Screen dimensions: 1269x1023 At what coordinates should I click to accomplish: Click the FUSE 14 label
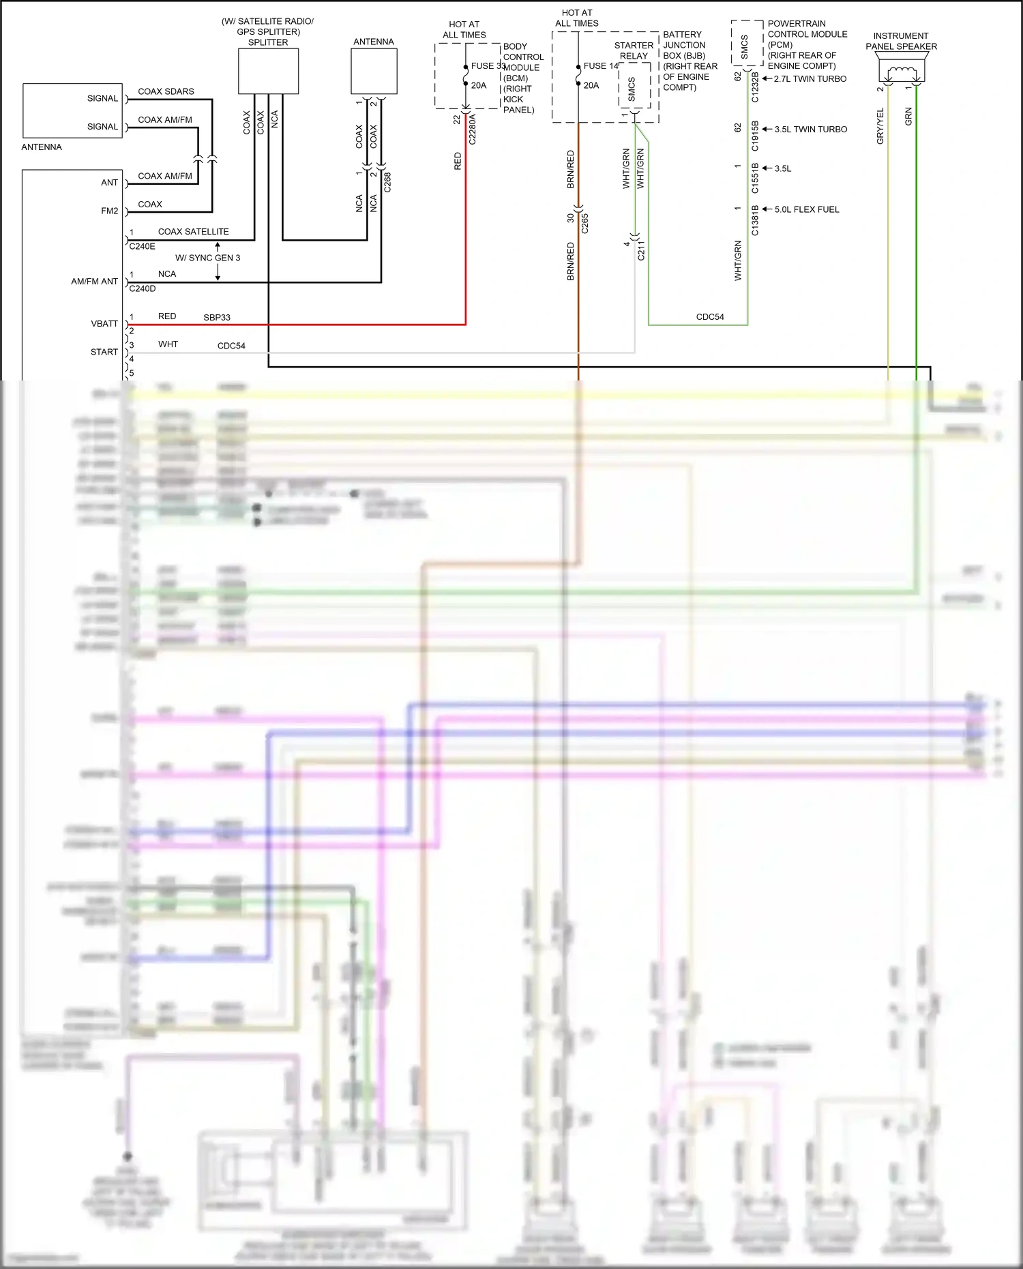click(x=601, y=66)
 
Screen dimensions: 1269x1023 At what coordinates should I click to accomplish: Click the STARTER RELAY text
click(x=634, y=50)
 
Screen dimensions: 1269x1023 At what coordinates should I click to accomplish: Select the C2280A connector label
click(x=473, y=130)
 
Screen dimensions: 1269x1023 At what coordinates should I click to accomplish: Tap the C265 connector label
click(x=585, y=223)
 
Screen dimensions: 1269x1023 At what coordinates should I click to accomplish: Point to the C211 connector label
click(x=641, y=250)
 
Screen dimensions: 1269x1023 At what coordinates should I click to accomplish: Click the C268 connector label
click(x=387, y=182)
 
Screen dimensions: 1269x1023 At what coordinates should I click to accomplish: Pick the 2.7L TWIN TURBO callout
click(x=810, y=79)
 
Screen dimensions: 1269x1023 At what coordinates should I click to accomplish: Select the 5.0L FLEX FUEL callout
click(x=806, y=209)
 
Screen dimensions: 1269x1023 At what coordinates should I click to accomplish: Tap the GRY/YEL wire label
click(x=880, y=126)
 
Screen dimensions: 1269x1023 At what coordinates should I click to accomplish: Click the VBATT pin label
click(x=104, y=324)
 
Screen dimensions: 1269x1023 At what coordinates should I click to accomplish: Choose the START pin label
click(x=104, y=352)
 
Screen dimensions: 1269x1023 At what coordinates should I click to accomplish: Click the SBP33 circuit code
click(x=217, y=318)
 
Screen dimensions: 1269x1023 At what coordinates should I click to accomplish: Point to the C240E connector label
click(x=143, y=246)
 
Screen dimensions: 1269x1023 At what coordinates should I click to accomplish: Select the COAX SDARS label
click(x=166, y=91)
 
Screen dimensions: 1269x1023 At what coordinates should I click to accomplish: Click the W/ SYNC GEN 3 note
click(x=207, y=258)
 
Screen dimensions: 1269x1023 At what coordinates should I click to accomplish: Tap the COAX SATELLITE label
click(x=193, y=232)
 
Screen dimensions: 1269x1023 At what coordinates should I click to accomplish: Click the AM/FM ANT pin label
click(x=94, y=281)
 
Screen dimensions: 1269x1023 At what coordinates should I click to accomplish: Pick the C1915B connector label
click(x=755, y=136)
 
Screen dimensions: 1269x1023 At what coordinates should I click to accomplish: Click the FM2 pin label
click(x=109, y=211)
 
